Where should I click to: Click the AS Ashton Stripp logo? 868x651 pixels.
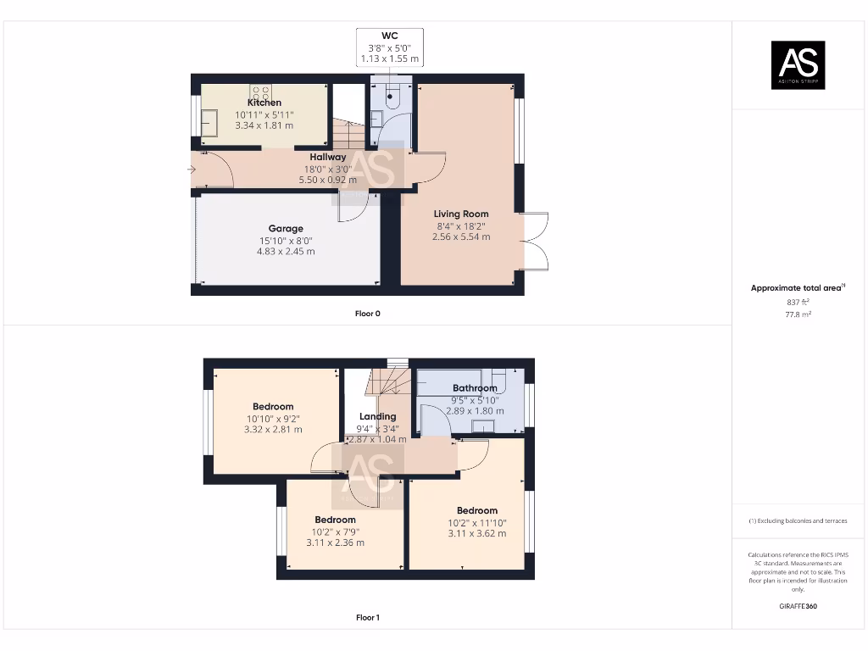[797, 65]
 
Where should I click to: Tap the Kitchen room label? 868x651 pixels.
[264, 103]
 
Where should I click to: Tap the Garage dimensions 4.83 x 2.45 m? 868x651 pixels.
[286, 252]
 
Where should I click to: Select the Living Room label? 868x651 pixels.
[461, 214]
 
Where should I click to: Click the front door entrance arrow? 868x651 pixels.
[192, 170]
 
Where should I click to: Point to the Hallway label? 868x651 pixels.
[327, 157]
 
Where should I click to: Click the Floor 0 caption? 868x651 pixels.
[367, 314]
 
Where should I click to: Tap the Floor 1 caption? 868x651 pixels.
[367, 618]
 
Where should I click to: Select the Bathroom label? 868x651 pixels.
[475, 388]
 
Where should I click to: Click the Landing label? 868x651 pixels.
[377, 416]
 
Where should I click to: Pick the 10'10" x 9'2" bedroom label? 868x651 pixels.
[273, 407]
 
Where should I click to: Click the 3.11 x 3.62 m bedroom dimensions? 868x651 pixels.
[477, 533]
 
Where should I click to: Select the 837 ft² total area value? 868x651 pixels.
[797, 302]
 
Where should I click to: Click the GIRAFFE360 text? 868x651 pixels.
[797, 606]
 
